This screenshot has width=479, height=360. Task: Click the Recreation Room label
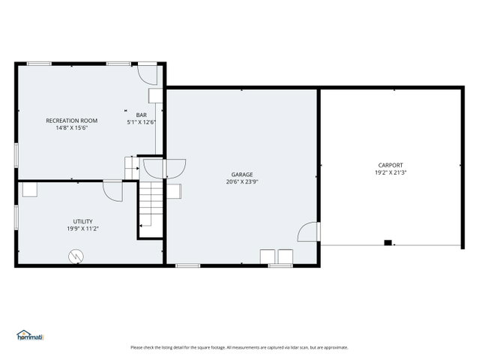(x=72, y=121)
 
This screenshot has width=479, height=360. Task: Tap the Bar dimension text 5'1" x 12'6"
(x=142, y=122)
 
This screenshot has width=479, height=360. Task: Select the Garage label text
(x=242, y=175)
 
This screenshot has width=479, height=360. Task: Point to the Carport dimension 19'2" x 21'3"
(x=391, y=172)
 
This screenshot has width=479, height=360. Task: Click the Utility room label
(x=82, y=221)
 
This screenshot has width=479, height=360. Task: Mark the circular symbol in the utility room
(x=76, y=256)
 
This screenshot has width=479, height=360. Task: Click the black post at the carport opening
(x=388, y=243)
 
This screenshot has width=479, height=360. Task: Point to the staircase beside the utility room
(x=151, y=208)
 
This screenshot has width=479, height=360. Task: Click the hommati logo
(x=30, y=335)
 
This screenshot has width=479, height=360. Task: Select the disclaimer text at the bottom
(x=239, y=347)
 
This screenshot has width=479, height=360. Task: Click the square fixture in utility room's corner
(x=30, y=190)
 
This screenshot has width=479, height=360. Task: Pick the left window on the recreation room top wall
(x=39, y=64)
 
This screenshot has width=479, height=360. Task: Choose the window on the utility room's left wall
(x=16, y=217)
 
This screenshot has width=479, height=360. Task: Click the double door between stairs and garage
(x=165, y=169)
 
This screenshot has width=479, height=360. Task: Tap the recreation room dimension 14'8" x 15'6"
(x=72, y=128)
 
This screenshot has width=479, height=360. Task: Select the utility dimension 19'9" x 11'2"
(x=82, y=229)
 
